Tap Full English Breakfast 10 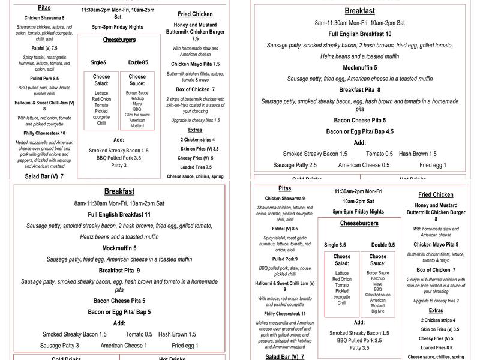360,34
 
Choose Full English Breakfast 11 119,214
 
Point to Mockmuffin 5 360,68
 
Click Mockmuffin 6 119,248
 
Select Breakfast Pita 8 360,90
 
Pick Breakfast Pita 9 119,271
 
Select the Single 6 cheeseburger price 98,62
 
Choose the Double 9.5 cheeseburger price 383,245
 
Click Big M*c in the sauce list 378,311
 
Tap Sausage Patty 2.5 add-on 295,165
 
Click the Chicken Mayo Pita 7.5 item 195,64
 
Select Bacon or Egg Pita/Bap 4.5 360,131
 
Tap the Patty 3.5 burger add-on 359,347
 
